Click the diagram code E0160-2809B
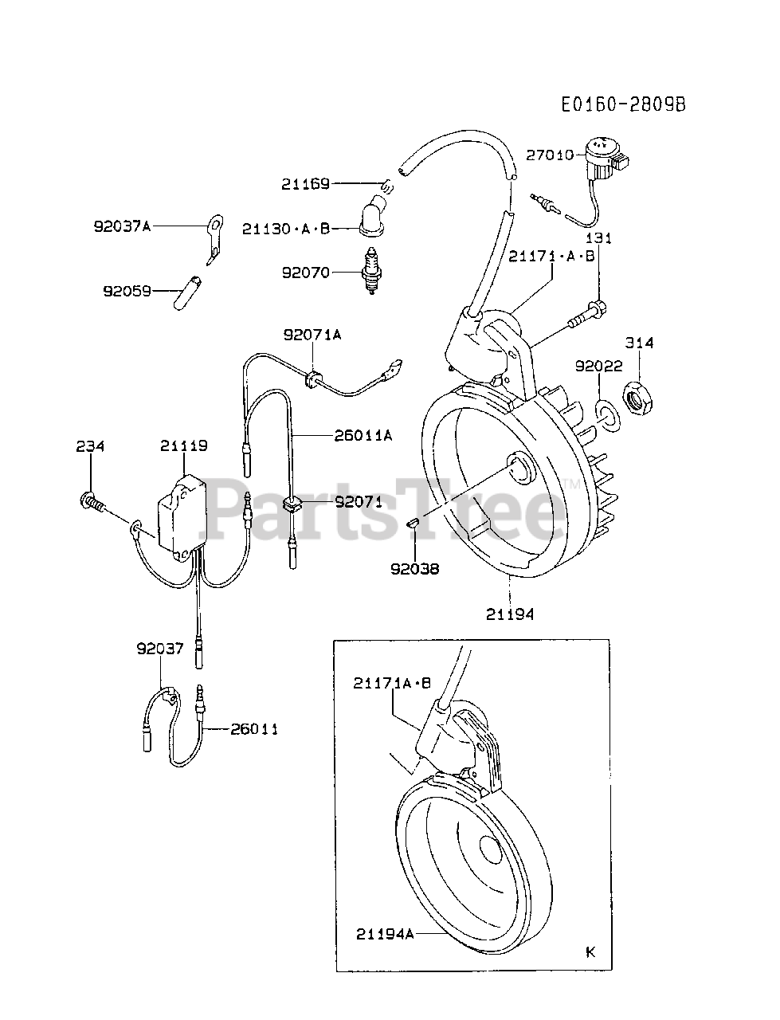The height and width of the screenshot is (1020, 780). pyautogui.click(x=622, y=105)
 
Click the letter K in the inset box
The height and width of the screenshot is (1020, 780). pyautogui.click(x=590, y=951)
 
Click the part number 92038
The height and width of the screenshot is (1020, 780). pyautogui.click(x=415, y=569)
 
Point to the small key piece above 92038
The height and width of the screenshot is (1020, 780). pyautogui.click(x=414, y=523)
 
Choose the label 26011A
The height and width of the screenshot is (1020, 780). pyautogui.click(x=363, y=435)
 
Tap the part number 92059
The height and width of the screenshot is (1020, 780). pyautogui.click(x=127, y=291)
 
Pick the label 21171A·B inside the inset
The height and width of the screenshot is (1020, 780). pyautogui.click(x=393, y=682)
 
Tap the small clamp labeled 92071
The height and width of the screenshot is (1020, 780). pyautogui.click(x=292, y=504)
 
